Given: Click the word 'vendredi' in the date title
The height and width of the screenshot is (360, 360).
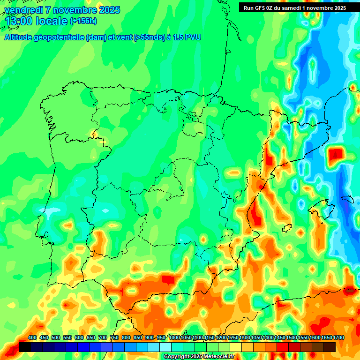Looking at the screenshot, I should (x=23, y=10).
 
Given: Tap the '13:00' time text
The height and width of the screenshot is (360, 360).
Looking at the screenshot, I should (x=19, y=22).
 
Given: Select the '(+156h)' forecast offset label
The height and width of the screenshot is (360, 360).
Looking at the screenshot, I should (x=83, y=21).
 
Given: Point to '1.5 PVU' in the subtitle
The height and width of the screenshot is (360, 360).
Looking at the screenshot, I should (x=187, y=37).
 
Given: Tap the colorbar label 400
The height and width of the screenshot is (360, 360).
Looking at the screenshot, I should (x=32, y=338).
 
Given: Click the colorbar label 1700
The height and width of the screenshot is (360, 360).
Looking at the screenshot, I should (x=327, y=338).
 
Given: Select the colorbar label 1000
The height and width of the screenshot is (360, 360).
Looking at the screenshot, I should (x=174, y=338).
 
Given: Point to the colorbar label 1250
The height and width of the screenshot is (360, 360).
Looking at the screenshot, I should (x=233, y=338).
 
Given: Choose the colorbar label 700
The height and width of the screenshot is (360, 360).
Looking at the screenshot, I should (x=103, y=338).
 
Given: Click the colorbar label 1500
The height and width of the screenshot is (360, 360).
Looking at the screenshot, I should (x=292, y=338).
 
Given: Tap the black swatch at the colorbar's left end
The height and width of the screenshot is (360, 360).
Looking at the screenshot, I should (x=25, y=347).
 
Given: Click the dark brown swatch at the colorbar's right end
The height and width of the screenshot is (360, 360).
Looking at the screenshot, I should (x=330, y=347).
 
